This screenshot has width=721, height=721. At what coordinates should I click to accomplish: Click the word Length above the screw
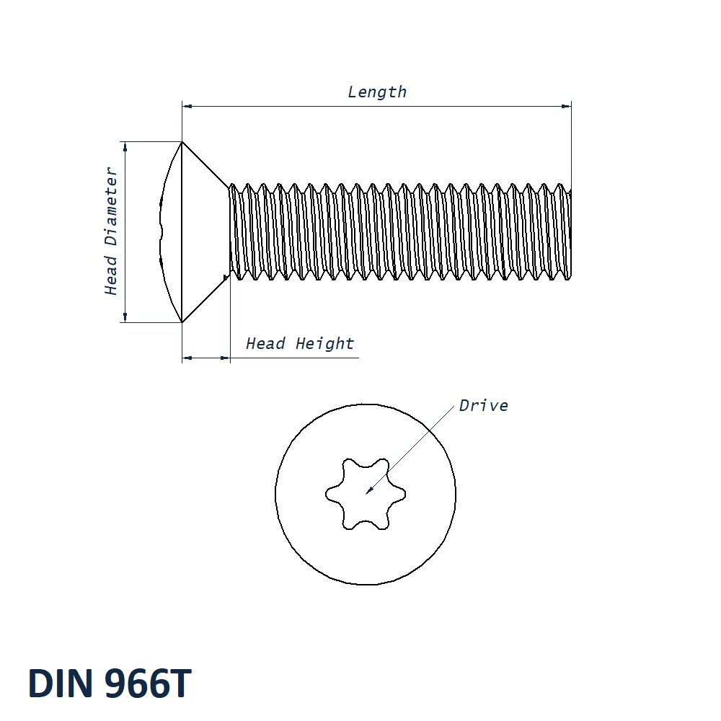point(377,92)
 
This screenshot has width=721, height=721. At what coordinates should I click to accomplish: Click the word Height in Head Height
point(324,344)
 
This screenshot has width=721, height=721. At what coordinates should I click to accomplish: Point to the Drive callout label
point(484,406)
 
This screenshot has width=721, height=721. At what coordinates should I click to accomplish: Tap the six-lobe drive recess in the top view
point(366,495)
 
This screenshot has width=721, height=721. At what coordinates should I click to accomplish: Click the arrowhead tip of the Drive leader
point(367,493)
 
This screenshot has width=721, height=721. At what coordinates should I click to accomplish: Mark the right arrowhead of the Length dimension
point(567,107)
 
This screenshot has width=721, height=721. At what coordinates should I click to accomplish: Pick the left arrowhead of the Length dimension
point(186,107)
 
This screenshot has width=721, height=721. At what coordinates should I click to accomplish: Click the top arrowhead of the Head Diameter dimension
point(125,146)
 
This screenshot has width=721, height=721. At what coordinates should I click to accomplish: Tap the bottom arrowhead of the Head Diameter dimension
point(125,317)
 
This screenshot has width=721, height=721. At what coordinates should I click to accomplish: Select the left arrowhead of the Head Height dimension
point(186,357)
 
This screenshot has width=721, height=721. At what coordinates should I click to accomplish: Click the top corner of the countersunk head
point(182,142)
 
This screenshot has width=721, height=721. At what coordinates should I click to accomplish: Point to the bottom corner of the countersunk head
point(182,322)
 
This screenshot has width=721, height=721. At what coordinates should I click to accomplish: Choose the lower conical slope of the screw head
point(205,299)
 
